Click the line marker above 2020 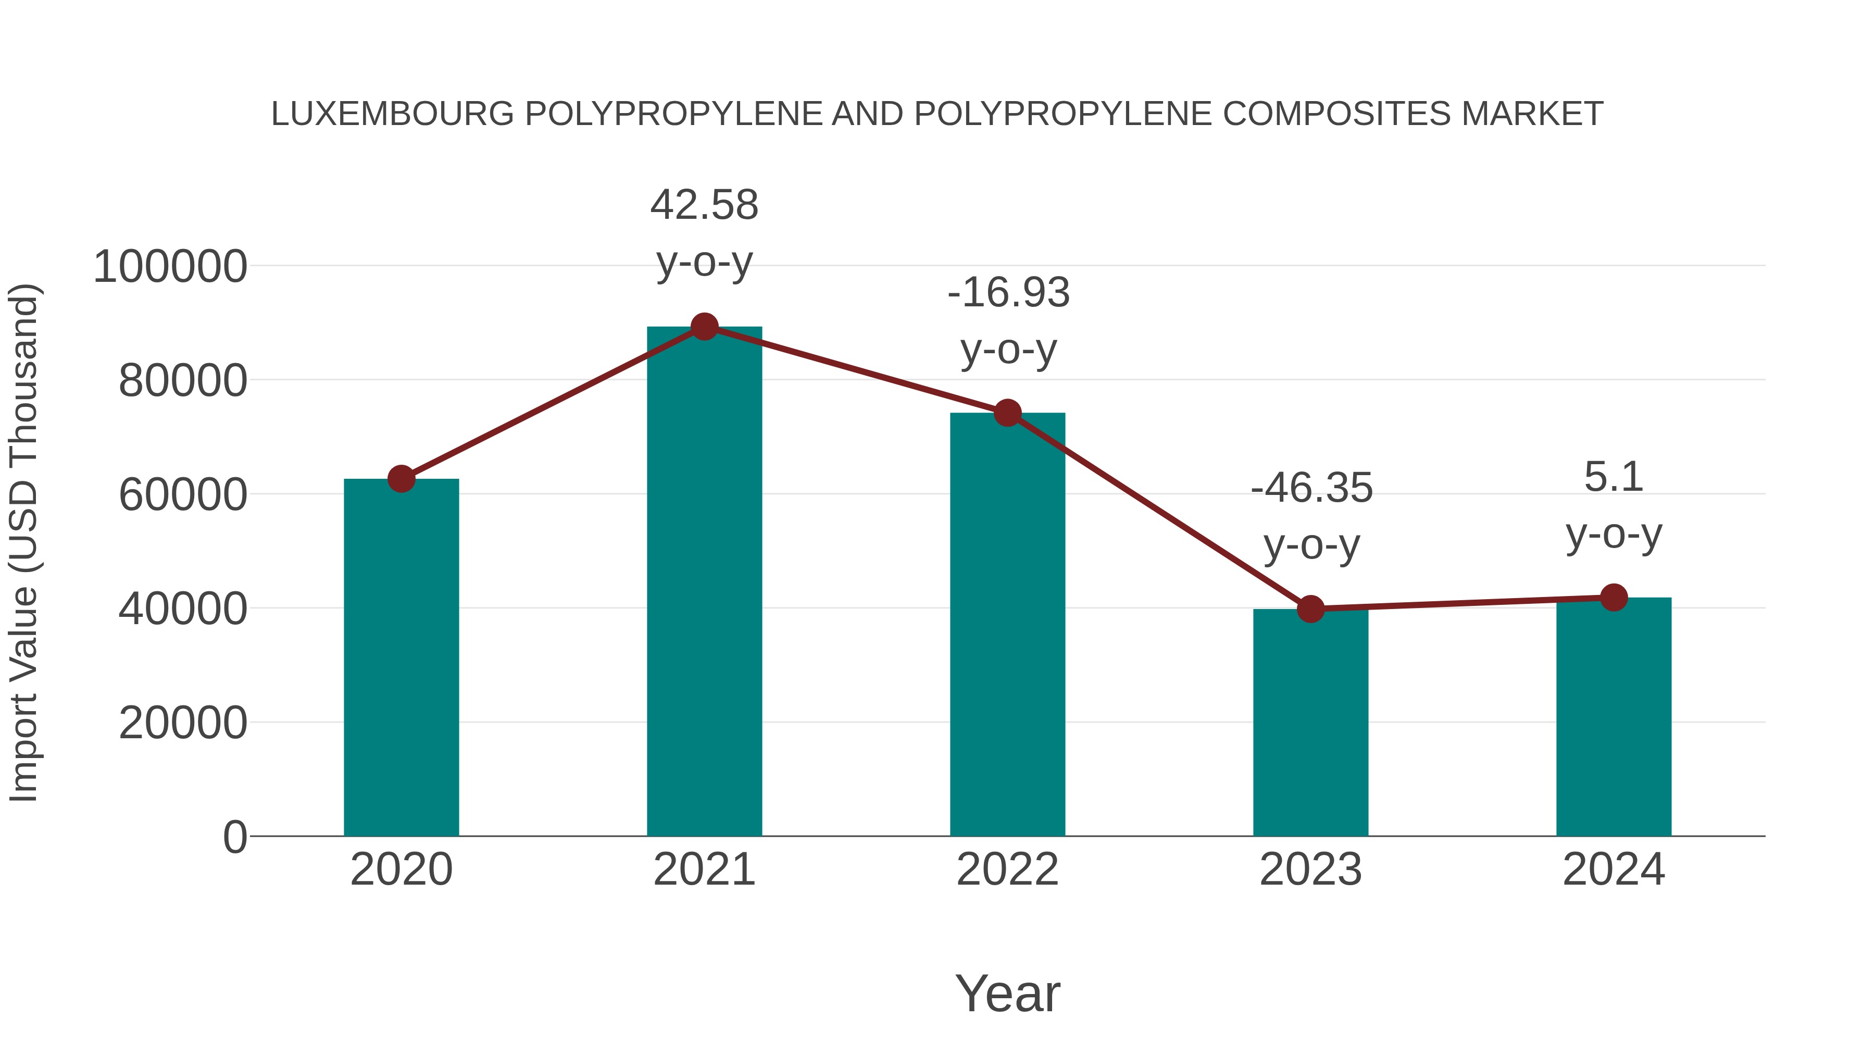[401, 479]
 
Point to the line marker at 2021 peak [704, 327]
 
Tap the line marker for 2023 [1310, 609]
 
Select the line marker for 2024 [1614, 598]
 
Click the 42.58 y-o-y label [704, 232]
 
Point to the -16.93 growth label [1008, 320]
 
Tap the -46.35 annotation [1311, 515]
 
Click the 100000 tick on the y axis [170, 266]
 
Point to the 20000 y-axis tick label [183, 723]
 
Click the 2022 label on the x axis [1007, 870]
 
